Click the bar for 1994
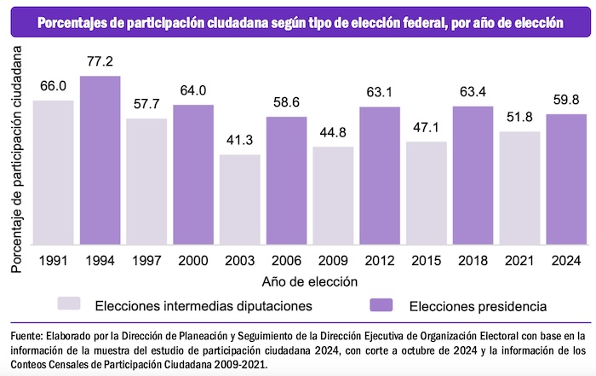[x=100, y=160]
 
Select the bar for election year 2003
[x=240, y=200]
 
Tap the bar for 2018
[x=472, y=175]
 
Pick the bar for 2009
[x=333, y=195]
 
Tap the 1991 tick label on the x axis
[x=54, y=258]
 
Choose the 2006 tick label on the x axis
[x=287, y=258]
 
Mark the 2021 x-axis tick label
[x=519, y=258]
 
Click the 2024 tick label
[x=565, y=258]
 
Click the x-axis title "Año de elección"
[x=310, y=279]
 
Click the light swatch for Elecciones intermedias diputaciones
[x=69, y=303]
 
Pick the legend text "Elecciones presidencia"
[x=478, y=304]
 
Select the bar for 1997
[x=147, y=182]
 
